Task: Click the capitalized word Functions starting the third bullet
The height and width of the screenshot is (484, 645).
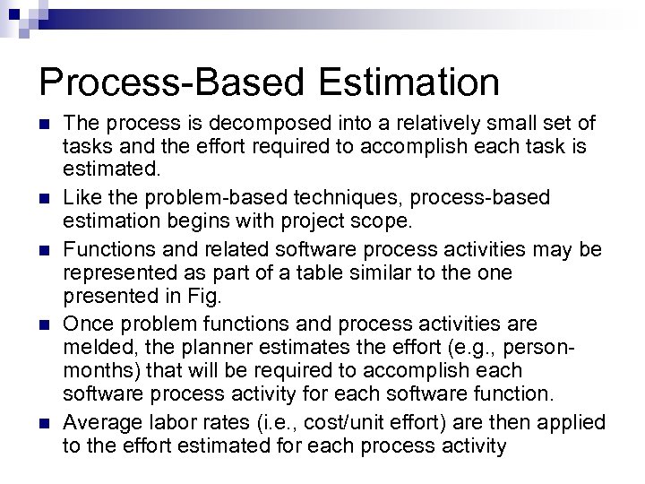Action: coord(107,246)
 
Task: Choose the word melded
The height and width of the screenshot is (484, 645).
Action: coord(96,345)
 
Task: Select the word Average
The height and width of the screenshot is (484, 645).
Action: coord(100,421)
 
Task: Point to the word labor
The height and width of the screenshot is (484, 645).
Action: coord(164,421)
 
